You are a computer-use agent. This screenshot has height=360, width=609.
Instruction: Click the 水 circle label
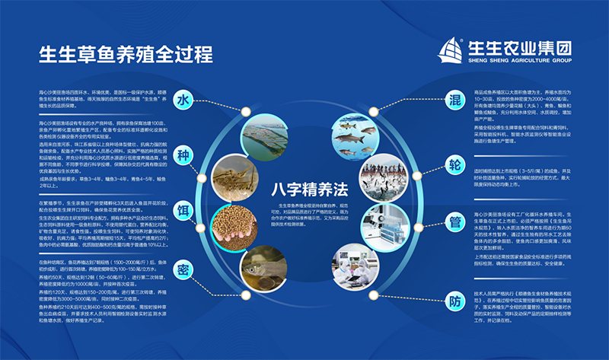(183, 100)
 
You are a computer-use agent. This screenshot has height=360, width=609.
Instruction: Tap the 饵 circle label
(183, 209)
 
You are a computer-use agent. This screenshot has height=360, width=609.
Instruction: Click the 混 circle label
(454, 101)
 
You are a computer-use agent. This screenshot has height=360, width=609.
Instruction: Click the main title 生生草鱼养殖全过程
(126, 55)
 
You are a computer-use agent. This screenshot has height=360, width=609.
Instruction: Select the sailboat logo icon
(454, 50)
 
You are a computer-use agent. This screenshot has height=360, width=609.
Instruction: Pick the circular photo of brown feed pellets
(233, 225)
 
